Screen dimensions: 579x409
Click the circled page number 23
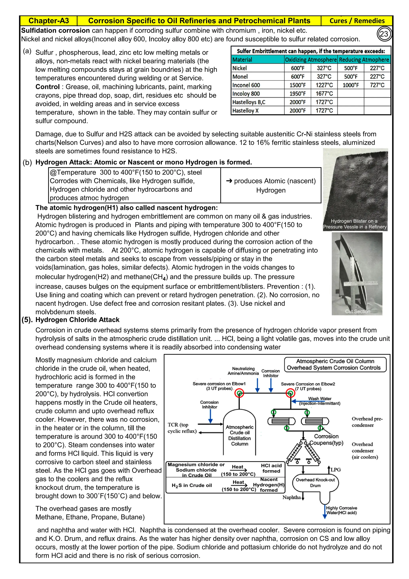384,34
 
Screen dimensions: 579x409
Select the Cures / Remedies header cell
357,21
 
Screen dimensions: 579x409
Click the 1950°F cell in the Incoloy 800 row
297,94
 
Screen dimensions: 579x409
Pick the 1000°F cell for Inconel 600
350,85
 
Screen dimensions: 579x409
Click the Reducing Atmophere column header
364,60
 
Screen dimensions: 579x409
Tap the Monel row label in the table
240,77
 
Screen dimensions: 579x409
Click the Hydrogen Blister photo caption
355,224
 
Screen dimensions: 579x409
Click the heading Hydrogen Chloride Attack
77,320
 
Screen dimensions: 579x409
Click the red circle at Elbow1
239,393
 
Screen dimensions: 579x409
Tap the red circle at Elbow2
290,393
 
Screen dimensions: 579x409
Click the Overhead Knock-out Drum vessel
315,483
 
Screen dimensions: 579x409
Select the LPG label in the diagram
336,470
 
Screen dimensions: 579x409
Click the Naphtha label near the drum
291,497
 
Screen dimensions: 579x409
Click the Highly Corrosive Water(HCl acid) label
341,510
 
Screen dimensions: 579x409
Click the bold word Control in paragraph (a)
48,87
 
